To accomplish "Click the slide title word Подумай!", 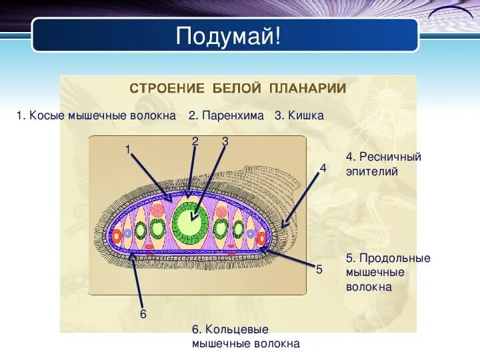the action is coord(228,36).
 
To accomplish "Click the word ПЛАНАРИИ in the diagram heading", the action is coord(307,89).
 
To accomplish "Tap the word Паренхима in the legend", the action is coord(233,115).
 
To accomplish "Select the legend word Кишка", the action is coord(306,115).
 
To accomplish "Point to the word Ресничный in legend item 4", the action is coord(390,157).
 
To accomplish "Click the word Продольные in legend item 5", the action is coord(395,258).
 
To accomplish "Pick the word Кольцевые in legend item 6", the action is coord(237,329).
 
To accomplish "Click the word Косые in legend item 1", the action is coord(47,115).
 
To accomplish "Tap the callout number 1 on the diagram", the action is coord(128,149).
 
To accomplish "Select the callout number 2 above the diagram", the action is coord(195,141).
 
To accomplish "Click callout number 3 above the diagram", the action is coord(225,141).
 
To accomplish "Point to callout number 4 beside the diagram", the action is coord(323,168).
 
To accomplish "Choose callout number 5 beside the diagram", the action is coord(319,269).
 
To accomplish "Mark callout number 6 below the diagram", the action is coord(143,314).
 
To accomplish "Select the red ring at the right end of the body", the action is coord(261,239).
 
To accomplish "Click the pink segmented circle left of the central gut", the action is coord(158,211).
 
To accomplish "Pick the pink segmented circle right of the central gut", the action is coord(221,213).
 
